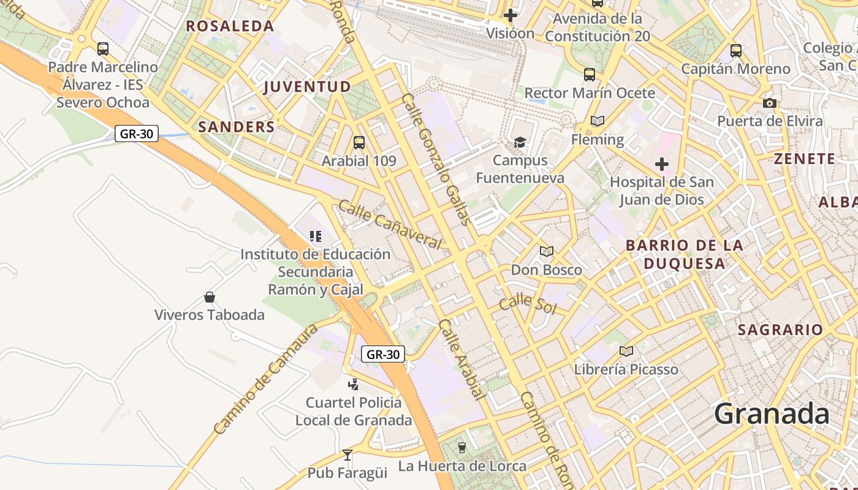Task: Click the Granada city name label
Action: (x=772, y=414)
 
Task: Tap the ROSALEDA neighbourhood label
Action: (x=230, y=26)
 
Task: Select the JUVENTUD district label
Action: (x=307, y=86)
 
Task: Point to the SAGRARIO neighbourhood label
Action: (x=780, y=330)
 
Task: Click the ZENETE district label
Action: (x=804, y=159)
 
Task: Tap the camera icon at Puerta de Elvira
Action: (x=770, y=103)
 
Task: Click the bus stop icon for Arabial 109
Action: (x=359, y=143)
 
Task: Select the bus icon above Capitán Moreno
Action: (x=736, y=51)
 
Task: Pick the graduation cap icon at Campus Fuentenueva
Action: (x=520, y=142)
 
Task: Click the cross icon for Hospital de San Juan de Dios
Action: (x=662, y=164)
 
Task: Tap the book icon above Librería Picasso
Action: (x=626, y=351)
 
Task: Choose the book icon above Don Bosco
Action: (x=547, y=251)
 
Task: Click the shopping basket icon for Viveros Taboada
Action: (x=210, y=297)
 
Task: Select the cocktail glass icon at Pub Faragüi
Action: (x=347, y=454)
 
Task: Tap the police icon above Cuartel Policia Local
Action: (x=353, y=384)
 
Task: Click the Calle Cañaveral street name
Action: (x=390, y=225)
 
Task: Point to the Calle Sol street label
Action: (x=527, y=304)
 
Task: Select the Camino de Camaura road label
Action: (x=266, y=380)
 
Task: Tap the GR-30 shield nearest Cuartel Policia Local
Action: (x=383, y=354)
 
